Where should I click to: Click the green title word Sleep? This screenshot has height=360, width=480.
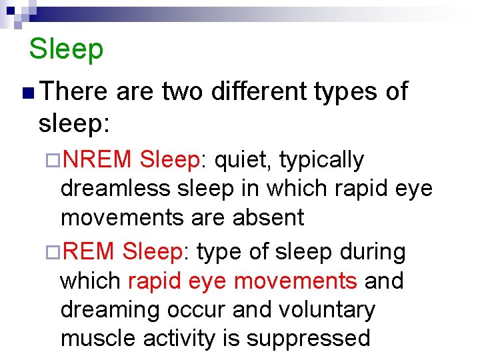tap(67, 49)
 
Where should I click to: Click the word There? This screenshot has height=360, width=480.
tap(74, 91)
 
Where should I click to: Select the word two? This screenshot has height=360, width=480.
tap(182, 91)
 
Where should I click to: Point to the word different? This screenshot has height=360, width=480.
tap(262, 91)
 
